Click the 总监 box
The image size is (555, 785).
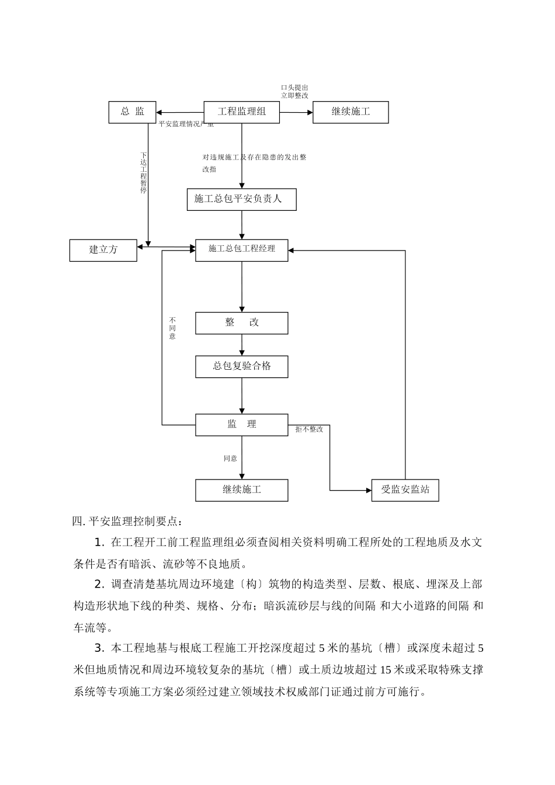pyautogui.click(x=132, y=112)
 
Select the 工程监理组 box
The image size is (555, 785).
pyautogui.click(x=241, y=112)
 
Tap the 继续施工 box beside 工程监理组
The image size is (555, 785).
pyautogui.click(x=351, y=112)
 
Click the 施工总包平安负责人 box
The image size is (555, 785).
pyautogui.click(x=241, y=199)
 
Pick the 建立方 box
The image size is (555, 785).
pyautogui.click(x=103, y=250)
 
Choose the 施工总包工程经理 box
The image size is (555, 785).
pyautogui.click(x=241, y=250)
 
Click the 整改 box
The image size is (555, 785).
pyautogui.click(x=241, y=323)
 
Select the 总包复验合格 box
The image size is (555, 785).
pyautogui.click(x=241, y=367)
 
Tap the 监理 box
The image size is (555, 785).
pyautogui.click(x=241, y=425)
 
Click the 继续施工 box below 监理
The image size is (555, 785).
pyautogui.click(x=241, y=490)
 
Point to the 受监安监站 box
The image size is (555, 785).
pyautogui.click(x=405, y=490)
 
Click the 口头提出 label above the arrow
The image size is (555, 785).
pyautogui.click(x=294, y=88)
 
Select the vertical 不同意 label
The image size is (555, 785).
pyautogui.click(x=172, y=328)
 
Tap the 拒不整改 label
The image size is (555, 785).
pyautogui.click(x=309, y=429)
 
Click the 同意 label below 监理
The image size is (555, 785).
pyautogui.click(x=230, y=459)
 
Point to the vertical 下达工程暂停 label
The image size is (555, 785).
pyautogui.click(x=144, y=173)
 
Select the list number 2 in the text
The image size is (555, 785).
pyautogui.click(x=98, y=585)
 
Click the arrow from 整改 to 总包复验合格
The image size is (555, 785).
pyautogui.click(x=242, y=345)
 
